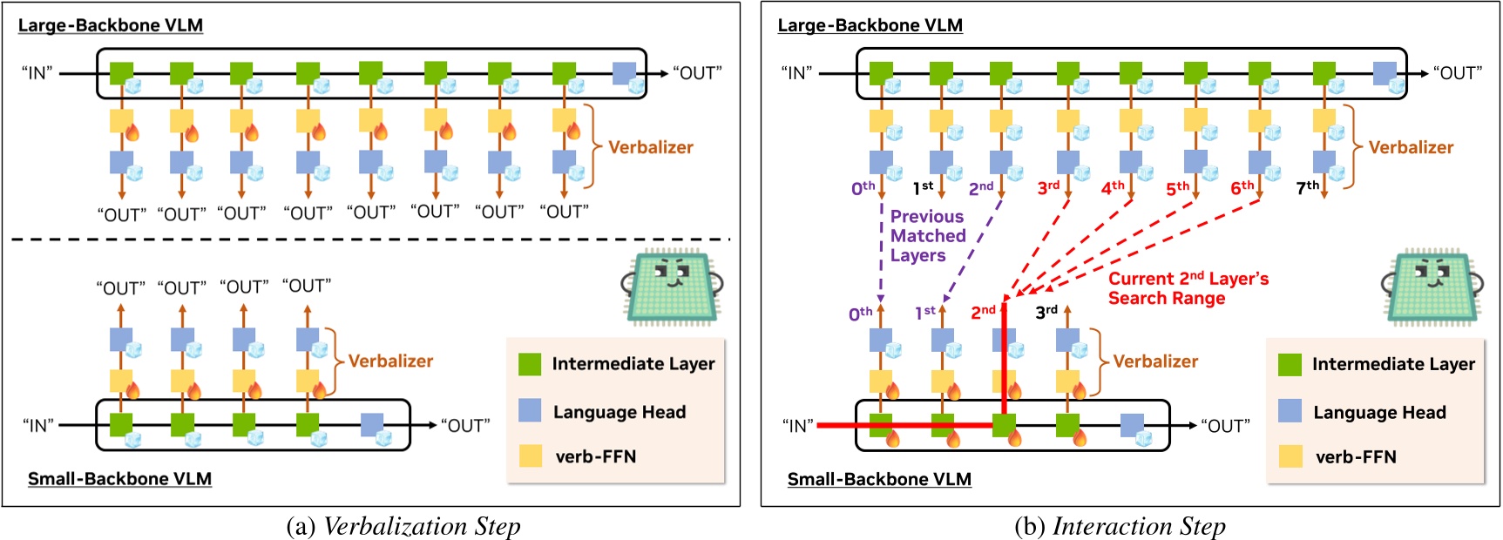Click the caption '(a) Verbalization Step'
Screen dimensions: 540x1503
[x=403, y=526]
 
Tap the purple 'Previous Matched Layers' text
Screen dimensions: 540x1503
[x=927, y=235]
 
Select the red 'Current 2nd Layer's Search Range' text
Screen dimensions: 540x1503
[x=1188, y=288]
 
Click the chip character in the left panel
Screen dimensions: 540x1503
[x=672, y=286]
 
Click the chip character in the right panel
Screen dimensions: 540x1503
[x=1432, y=286]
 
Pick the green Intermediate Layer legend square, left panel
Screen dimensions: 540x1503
[x=530, y=364]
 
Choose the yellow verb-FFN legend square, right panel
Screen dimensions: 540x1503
[x=1290, y=456]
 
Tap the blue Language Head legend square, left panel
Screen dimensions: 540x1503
[x=530, y=411]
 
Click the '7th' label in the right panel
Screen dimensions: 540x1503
[x=1307, y=187]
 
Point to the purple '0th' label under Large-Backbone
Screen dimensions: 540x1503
[x=863, y=187]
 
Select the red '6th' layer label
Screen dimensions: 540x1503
[x=1242, y=187]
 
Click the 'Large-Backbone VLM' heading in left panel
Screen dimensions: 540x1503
[x=111, y=25]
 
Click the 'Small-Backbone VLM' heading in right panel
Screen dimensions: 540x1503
[x=878, y=479]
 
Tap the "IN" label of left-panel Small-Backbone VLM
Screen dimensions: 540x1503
[x=38, y=425]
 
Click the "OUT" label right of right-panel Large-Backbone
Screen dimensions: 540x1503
[x=1457, y=73]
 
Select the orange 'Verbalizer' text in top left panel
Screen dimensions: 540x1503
[x=650, y=147]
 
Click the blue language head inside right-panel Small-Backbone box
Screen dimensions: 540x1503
[x=1131, y=425]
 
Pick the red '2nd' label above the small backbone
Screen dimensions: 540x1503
[x=983, y=312]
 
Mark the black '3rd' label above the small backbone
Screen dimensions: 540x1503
[x=1046, y=312]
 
